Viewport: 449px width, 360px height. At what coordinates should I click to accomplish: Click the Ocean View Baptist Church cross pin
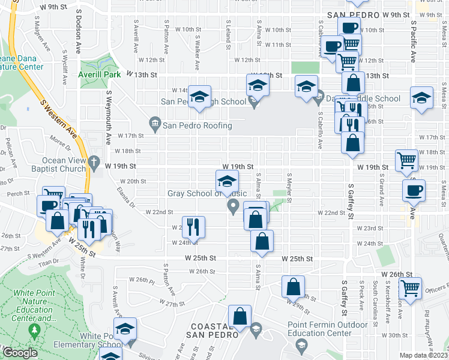[x=94, y=161]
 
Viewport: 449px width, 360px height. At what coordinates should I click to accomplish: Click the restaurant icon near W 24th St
[x=193, y=226]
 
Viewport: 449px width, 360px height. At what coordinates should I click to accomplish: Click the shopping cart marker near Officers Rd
[x=411, y=288]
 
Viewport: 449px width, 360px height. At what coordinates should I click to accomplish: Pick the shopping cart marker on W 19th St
[x=407, y=160]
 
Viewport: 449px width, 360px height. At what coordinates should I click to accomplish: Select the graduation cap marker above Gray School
[x=227, y=181]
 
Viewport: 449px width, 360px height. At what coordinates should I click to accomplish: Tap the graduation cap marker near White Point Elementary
[x=125, y=329]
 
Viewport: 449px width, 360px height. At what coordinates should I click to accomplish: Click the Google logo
[x=19, y=353]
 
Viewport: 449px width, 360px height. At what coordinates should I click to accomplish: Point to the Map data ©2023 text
[x=424, y=355]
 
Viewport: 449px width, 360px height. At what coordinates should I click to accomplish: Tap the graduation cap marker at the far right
[x=421, y=98]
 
